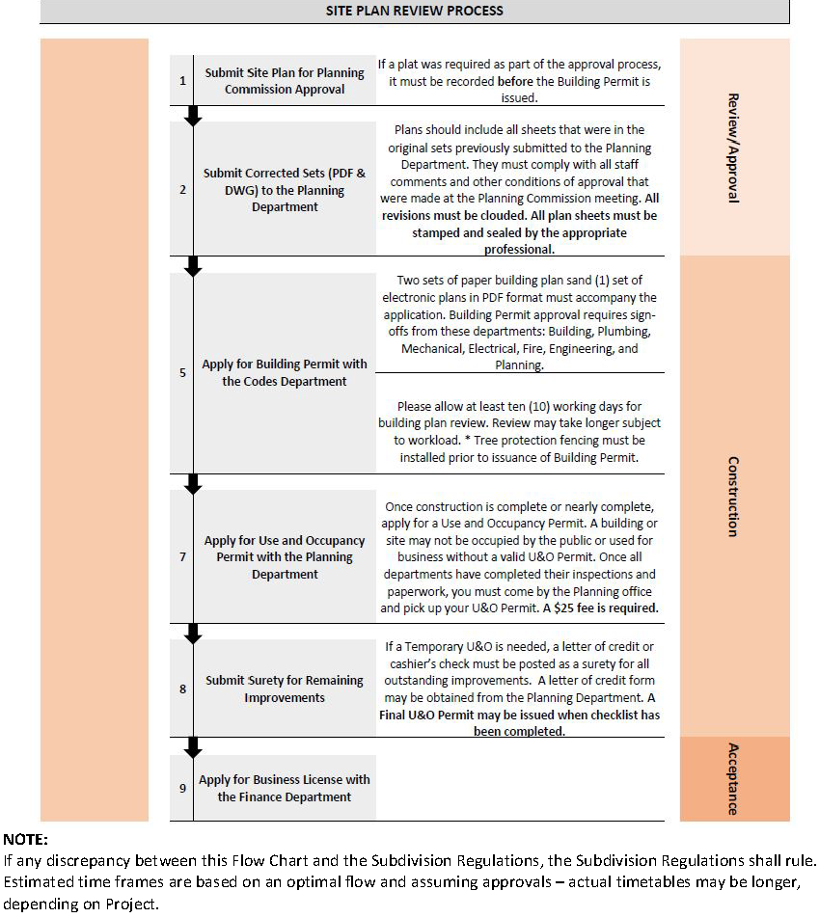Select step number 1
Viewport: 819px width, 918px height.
(x=182, y=80)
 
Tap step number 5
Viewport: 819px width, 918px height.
(x=182, y=372)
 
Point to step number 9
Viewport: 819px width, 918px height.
(x=182, y=788)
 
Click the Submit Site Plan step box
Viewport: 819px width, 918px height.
(x=285, y=80)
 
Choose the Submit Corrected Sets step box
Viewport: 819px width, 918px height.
(x=285, y=190)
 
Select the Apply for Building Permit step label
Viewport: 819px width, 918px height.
(x=285, y=372)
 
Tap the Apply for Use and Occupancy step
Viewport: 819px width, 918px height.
(x=285, y=557)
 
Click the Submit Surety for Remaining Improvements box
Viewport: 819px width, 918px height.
(x=285, y=688)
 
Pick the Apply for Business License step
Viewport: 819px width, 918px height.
(x=285, y=788)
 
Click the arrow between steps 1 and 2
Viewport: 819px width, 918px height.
(x=193, y=116)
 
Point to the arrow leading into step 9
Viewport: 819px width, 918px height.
(x=193, y=746)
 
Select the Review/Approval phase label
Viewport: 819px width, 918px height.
(x=733, y=147)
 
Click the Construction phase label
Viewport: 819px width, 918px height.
(x=733, y=496)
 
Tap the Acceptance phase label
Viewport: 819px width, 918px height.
(x=733, y=778)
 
